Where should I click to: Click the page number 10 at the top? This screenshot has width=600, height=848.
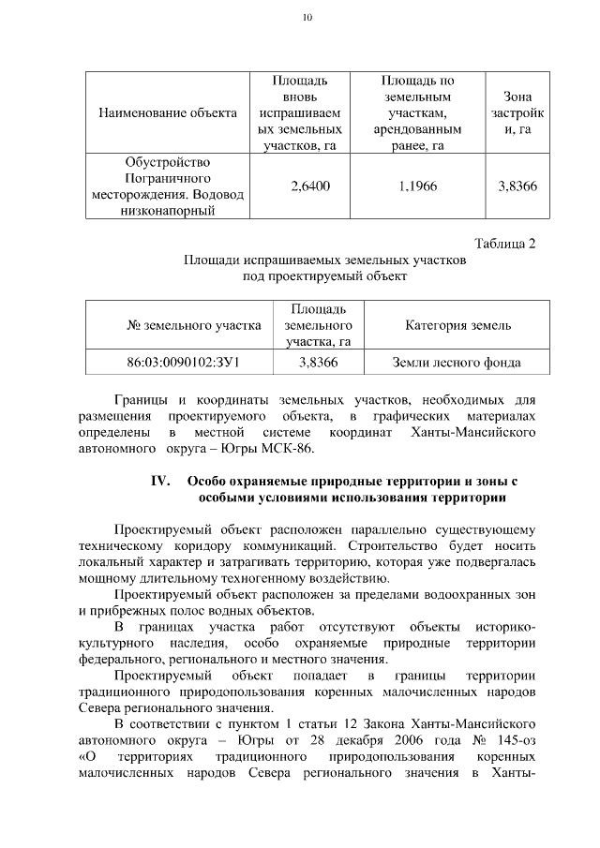pos(307,17)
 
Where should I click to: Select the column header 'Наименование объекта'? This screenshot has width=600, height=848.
pos(168,112)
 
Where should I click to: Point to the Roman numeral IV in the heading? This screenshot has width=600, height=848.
pos(159,481)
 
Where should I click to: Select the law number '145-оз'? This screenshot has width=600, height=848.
pos(514,739)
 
